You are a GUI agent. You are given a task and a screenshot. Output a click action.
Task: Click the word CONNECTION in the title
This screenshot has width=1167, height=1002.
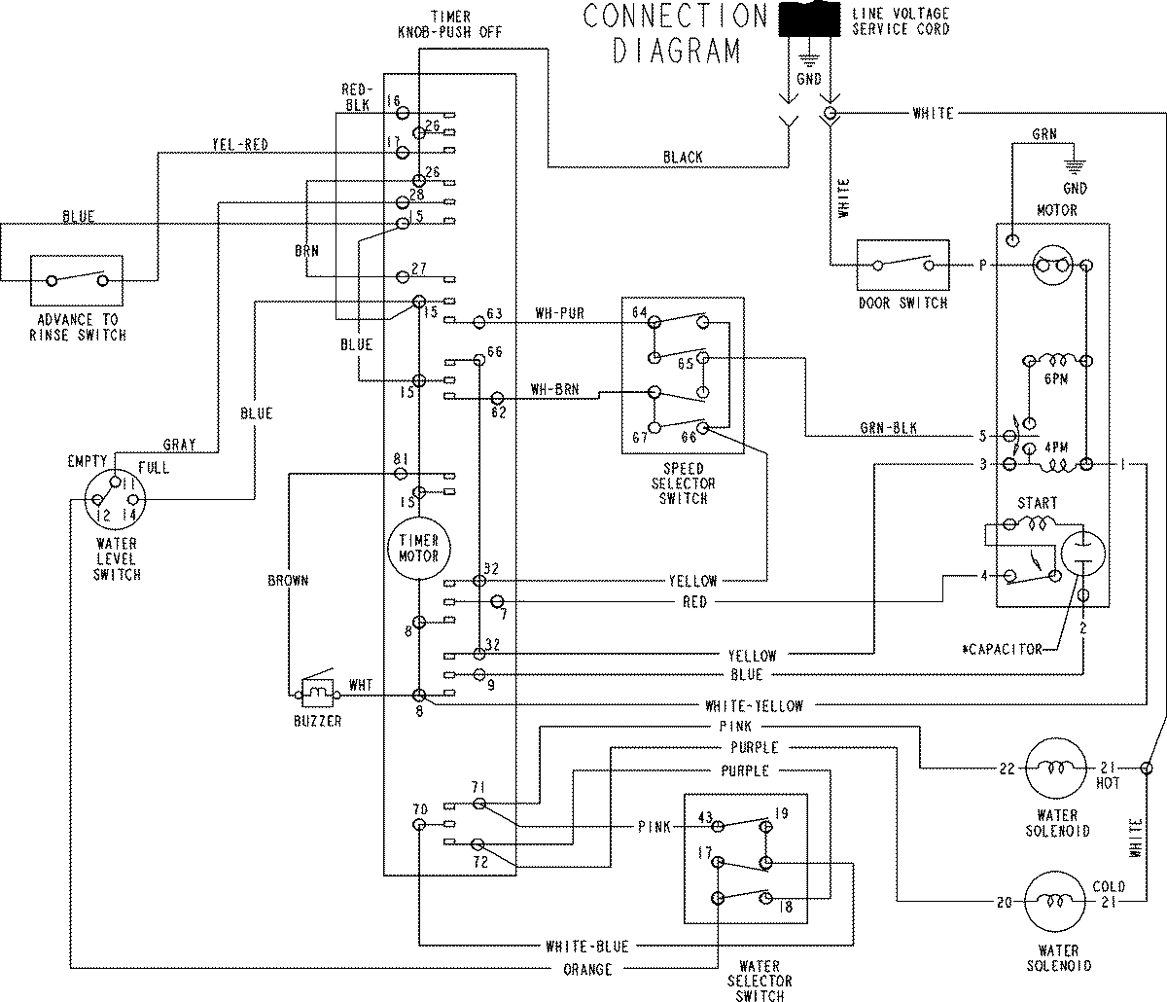675,17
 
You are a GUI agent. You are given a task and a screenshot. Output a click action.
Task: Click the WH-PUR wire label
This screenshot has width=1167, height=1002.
559,314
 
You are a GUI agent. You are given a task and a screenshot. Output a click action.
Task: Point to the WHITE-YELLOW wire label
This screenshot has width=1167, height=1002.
761,705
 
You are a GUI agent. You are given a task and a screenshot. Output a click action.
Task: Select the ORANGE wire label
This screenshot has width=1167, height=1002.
586,969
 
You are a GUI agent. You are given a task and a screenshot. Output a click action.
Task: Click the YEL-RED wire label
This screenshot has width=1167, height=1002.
239,145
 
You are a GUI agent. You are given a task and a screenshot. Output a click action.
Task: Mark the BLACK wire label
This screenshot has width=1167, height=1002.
683,158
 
